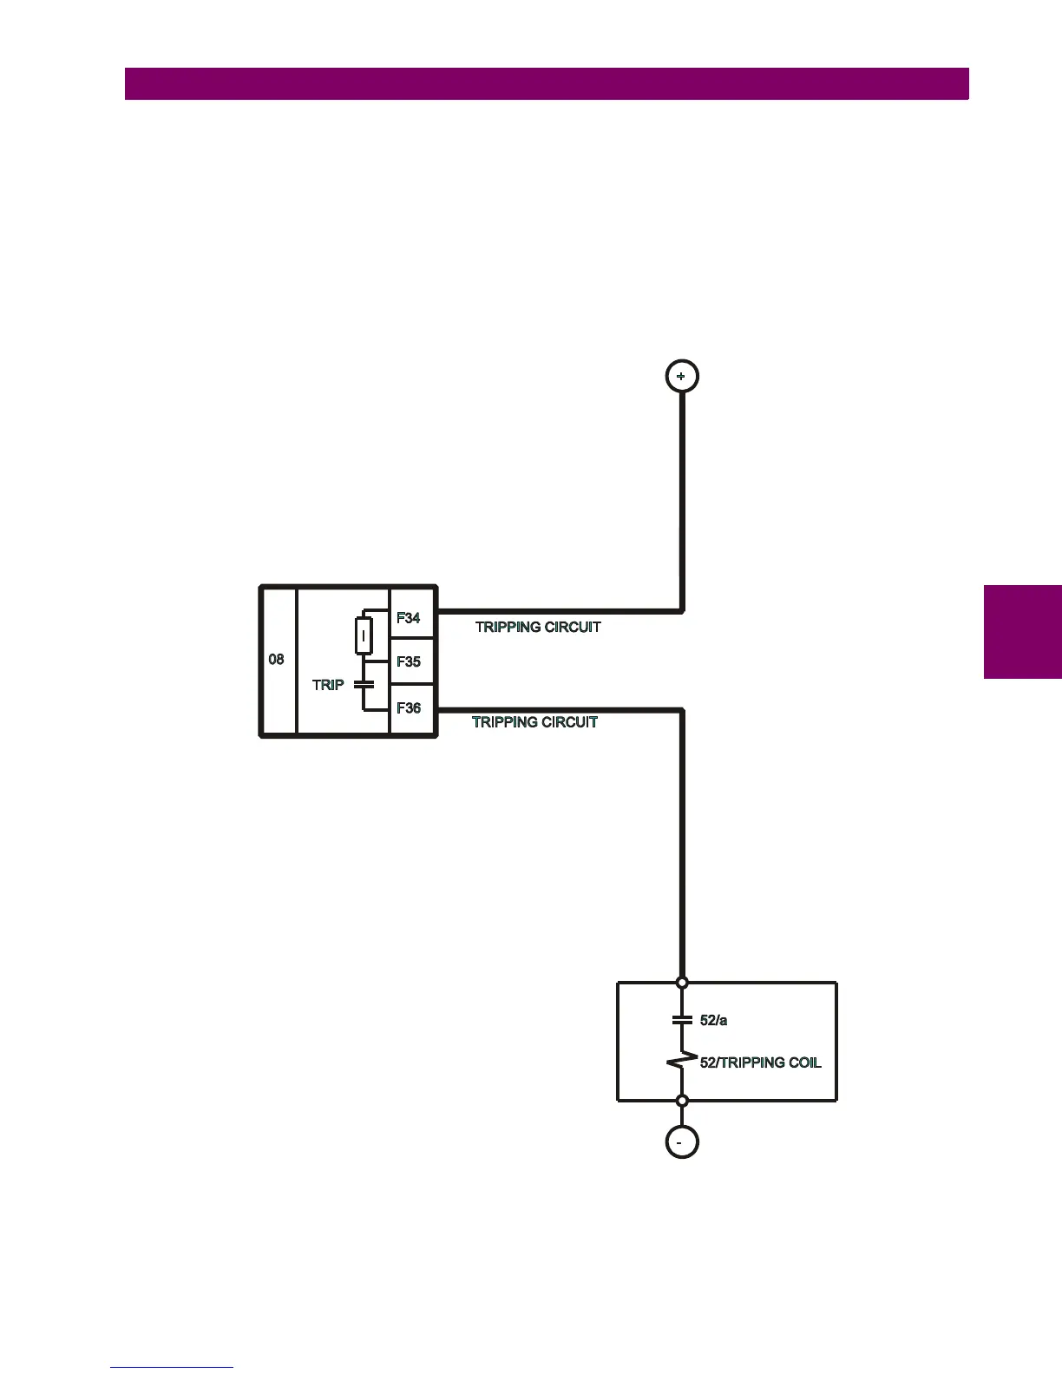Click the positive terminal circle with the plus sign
[682, 376]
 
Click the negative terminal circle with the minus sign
[682, 1142]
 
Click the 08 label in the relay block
[276, 660]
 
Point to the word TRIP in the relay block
[328, 685]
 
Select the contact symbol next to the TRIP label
[364, 685]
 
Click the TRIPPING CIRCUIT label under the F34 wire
[538, 627]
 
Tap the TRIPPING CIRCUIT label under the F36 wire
[534, 722]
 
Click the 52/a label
[713, 1021]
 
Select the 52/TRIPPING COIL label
[760, 1062]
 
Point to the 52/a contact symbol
[682, 1020]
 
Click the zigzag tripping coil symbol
[682, 1061]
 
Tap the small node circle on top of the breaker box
[682, 983]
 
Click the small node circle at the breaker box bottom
[682, 1101]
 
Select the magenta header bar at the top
[547, 84]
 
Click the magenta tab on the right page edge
[1023, 631]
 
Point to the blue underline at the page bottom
[172, 1367]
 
